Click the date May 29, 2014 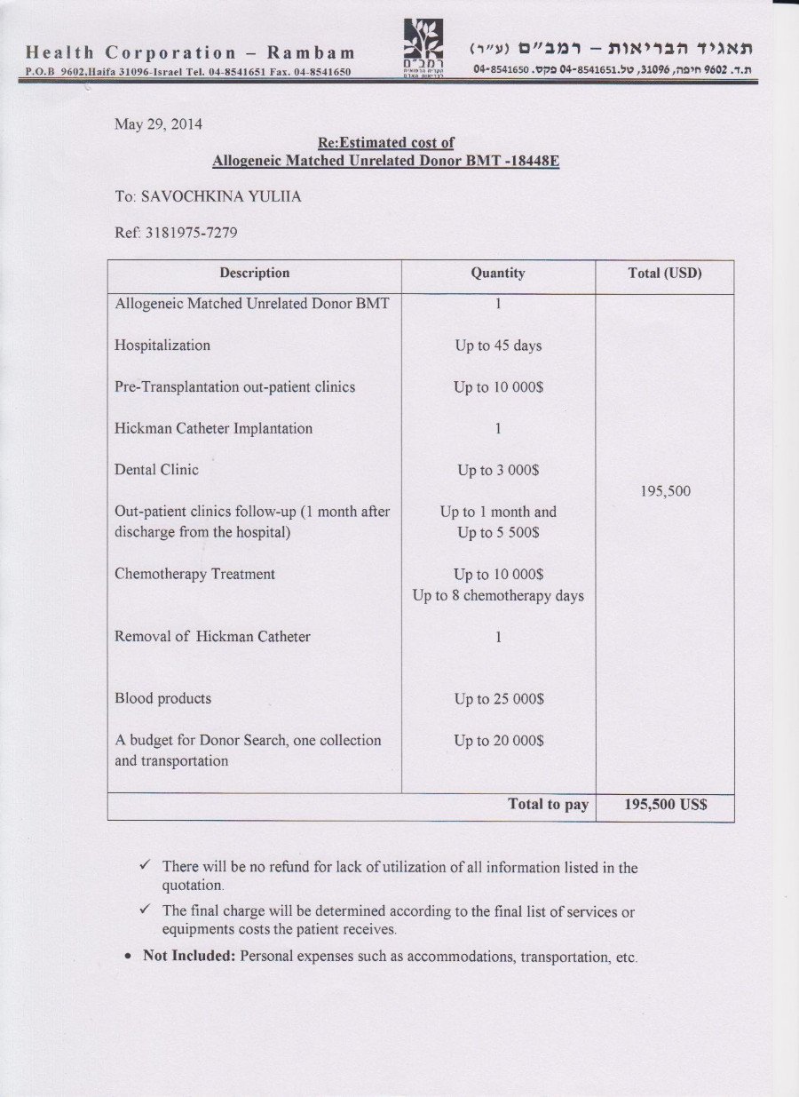[x=158, y=123]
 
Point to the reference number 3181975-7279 [x=190, y=234]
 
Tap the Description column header [x=255, y=273]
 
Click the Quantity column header [x=498, y=273]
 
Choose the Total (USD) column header [x=665, y=273]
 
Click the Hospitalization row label [x=162, y=345]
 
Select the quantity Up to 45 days [x=498, y=346]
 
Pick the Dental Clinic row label [x=156, y=469]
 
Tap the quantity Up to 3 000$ [x=498, y=470]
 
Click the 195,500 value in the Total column [x=665, y=491]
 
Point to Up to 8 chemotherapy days [x=498, y=595]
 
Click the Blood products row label [x=162, y=698]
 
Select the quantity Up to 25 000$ [x=498, y=699]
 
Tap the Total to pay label [x=548, y=804]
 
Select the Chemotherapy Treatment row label [x=194, y=574]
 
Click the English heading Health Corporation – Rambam [x=190, y=52]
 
